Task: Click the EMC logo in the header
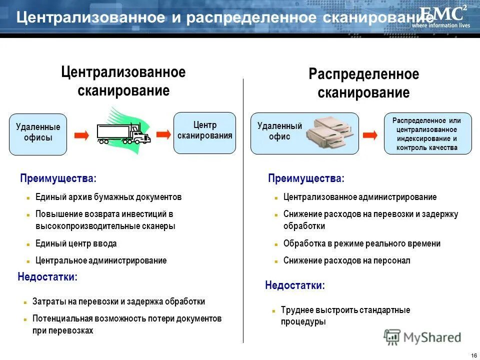click(444, 16)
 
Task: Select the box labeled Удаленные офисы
click(38, 133)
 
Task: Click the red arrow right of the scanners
click(370, 135)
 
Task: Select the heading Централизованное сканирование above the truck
click(123, 81)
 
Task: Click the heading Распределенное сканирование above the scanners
click(363, 83)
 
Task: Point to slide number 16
click(473, 355)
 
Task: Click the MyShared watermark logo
click(422, 337)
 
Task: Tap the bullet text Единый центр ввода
click(76, 244)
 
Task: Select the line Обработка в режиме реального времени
click(362, 244)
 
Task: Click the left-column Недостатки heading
click(47, 276)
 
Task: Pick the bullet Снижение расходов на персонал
click(346, 260)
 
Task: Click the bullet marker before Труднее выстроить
click(273, 310)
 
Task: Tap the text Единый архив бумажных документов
click(108, 197)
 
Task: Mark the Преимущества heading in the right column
click(306, 178)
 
